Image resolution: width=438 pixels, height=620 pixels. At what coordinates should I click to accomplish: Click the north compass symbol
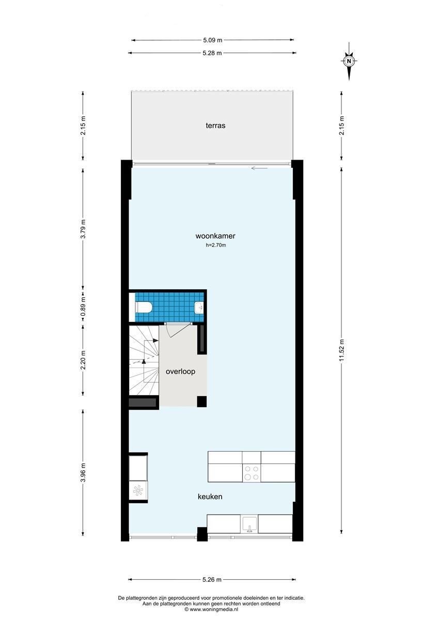click(x=349, y=61)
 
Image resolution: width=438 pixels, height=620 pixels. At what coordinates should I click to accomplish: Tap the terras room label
click(x=215, y=126)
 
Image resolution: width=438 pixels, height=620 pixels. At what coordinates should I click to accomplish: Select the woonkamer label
click(x=215, y=236)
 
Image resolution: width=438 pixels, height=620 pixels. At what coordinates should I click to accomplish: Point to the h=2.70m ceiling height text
click(x=216, y=245)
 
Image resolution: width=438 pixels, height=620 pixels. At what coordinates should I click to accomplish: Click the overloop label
click(x=180, y=371)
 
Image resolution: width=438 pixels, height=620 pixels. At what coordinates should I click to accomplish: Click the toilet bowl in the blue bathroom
click(x=143, y=307)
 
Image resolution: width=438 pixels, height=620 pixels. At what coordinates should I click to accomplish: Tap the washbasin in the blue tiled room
click(x=199, y=307)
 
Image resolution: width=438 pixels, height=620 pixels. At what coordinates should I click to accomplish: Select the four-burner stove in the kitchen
click(x=252, y=473)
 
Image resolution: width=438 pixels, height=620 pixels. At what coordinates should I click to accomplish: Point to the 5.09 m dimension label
click(x=212, y=40)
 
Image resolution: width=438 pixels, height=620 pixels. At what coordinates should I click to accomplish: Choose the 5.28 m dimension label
click(x=212, y=53)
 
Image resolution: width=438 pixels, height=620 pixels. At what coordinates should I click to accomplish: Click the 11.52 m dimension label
click(x=342, y=350)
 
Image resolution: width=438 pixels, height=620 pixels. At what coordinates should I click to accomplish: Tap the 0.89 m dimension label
click(x=83, y=307)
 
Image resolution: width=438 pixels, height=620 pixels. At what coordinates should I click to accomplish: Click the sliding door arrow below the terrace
click(x=259, y=168)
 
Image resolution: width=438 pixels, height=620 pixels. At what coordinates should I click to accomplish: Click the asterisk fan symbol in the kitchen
click(x=138, y=491)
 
